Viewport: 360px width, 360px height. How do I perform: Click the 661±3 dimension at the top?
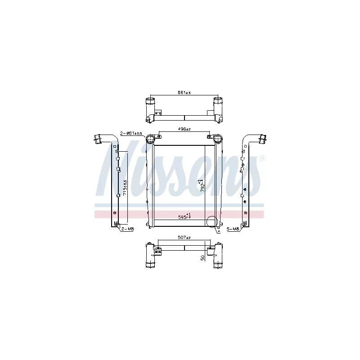tap(184, 93)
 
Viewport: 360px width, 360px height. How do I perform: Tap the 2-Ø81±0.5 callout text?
tap(131, 133)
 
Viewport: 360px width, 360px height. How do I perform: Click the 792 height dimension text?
tap(202, 185)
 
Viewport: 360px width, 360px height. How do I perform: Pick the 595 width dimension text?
tap(184, 216)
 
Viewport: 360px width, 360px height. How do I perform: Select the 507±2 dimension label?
tap(184, 238)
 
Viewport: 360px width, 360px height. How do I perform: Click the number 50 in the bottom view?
tap(203, 257)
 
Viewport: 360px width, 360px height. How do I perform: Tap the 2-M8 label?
tap(128, 229)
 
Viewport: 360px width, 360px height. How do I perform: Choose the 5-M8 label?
tap(233, 229)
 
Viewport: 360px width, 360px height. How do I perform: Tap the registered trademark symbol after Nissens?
tap(262, 158)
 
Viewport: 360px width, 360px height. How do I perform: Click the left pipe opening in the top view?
tap(150, 100)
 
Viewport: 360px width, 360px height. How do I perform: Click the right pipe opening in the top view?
tap(218, 100)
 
